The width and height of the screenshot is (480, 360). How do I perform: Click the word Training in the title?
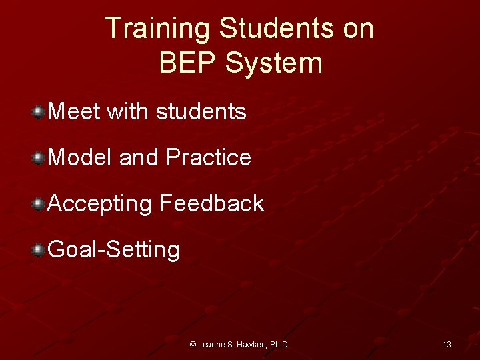[x=158, y=29]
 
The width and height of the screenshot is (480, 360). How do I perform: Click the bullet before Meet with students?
[x=39, y=111]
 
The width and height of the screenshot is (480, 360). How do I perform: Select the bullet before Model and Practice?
[x=39, y=157]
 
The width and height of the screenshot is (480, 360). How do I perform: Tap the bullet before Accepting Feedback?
[x=39, y=203]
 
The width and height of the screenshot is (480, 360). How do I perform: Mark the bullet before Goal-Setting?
[x=39, y=249]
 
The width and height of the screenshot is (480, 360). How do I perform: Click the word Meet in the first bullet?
[x=73, y=111]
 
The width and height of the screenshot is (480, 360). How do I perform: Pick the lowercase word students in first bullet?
[x=201, y=111]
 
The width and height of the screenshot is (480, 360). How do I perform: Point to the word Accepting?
[x=100, y=204]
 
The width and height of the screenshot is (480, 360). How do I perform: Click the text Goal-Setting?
[x=114, y=250]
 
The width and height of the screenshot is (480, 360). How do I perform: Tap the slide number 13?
[x=447, y=345]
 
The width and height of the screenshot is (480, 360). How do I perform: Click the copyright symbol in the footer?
[x=193, y=345]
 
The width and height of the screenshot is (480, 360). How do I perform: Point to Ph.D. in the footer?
[x=279, y=345]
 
